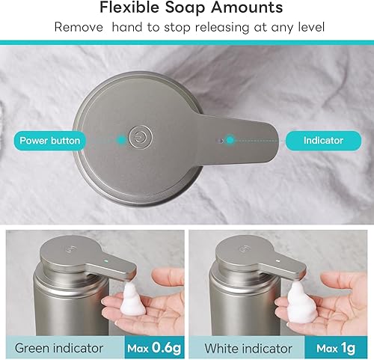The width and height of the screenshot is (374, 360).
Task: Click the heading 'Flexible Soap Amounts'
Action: (x=187, y=8)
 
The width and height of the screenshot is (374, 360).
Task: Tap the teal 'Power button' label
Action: (x=50, y=140)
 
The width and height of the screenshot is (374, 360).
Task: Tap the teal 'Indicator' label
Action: (x=323, y=140)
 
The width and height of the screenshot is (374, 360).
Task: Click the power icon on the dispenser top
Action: (x=138, y=138)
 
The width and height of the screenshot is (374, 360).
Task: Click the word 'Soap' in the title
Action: (x=181, y=8)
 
